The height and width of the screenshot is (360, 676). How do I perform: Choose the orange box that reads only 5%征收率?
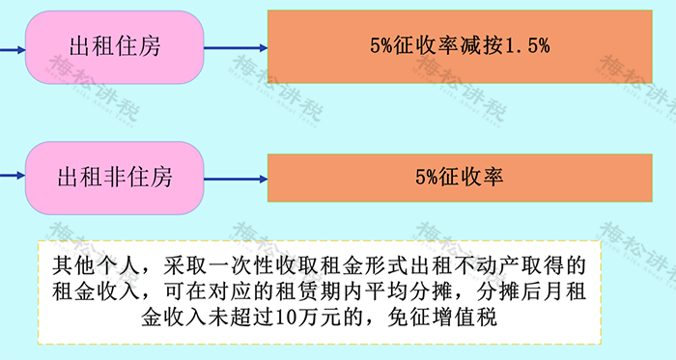pyautogui.click(x=459, y=178)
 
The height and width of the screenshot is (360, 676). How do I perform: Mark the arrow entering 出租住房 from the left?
pyautogui.click(x=12, y=45)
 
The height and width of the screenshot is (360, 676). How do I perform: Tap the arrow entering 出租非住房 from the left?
pyautogui.click(x=12, y=178)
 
